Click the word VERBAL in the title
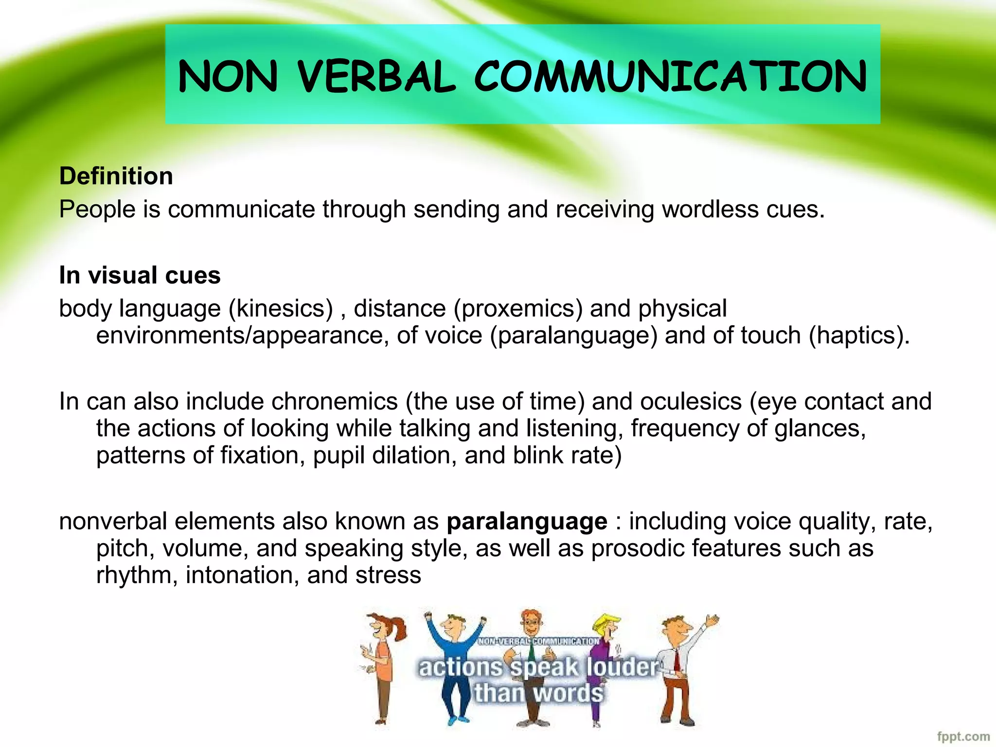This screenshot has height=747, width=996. coord(376,77)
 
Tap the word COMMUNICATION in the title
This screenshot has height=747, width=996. coord(671,77)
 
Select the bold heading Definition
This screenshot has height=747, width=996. coord(116,176)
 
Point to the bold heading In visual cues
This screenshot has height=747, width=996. coord(140,275)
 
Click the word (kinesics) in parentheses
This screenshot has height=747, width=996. coord(281,309)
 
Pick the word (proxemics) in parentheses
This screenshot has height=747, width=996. coord(518,309)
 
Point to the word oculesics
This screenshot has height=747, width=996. coord(691,402)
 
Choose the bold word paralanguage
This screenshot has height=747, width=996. coord(527,521)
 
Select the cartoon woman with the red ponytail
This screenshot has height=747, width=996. coord(384,666)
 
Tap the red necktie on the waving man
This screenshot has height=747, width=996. coord(676,659)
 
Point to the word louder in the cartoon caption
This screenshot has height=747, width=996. coord(622,667)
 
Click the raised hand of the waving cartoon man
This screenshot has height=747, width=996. coord(712,621)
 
